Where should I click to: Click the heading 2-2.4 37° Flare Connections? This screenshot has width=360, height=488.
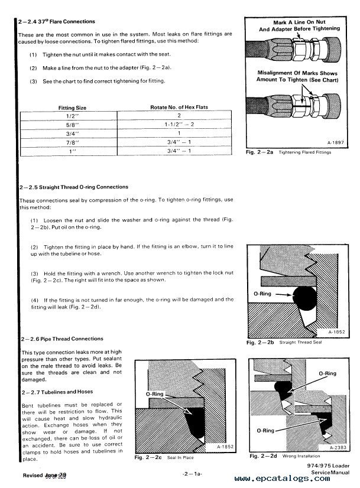pos(57,22)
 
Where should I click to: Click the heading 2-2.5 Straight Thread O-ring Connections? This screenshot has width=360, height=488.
pos(77,187)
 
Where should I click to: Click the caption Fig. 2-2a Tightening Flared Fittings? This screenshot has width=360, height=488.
pos(288,153)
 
